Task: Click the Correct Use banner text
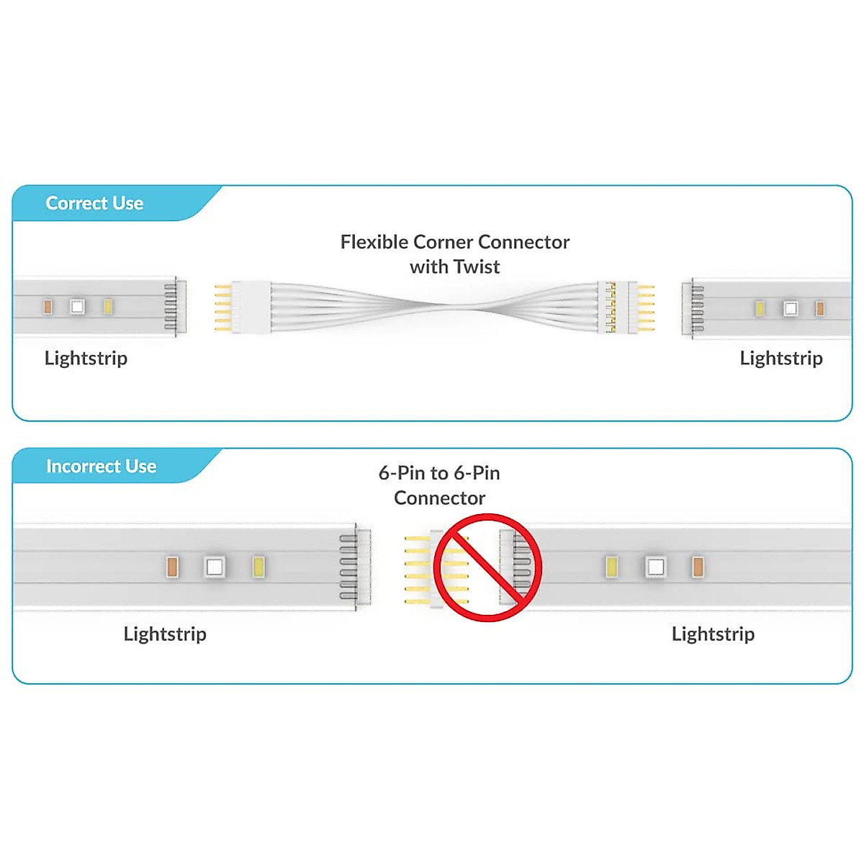[x=94, y=203]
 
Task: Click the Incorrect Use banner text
[x=101, y=466]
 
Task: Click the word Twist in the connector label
[x=477, y=266]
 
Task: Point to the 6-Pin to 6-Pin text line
[x=439, y=473]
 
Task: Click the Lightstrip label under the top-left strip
[x=86, y=358]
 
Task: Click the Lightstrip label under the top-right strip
[x=781, y=358]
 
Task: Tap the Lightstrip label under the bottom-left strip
[x=165, y=634]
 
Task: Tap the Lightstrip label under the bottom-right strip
[x=713, y=634]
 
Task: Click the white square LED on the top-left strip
[x=77, y=307]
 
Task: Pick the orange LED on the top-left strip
[x=48, y=307]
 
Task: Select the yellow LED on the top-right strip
[x=760, y=309]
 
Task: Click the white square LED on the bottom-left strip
[x=214, y=567]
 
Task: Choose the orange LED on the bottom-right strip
[x=697, y=567]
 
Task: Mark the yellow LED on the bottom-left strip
[x=258, y=567]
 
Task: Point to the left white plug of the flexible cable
[x=251, y=307]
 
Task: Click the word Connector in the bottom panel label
[x=439, y=498]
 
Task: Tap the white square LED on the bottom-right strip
[x=655, y=567]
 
